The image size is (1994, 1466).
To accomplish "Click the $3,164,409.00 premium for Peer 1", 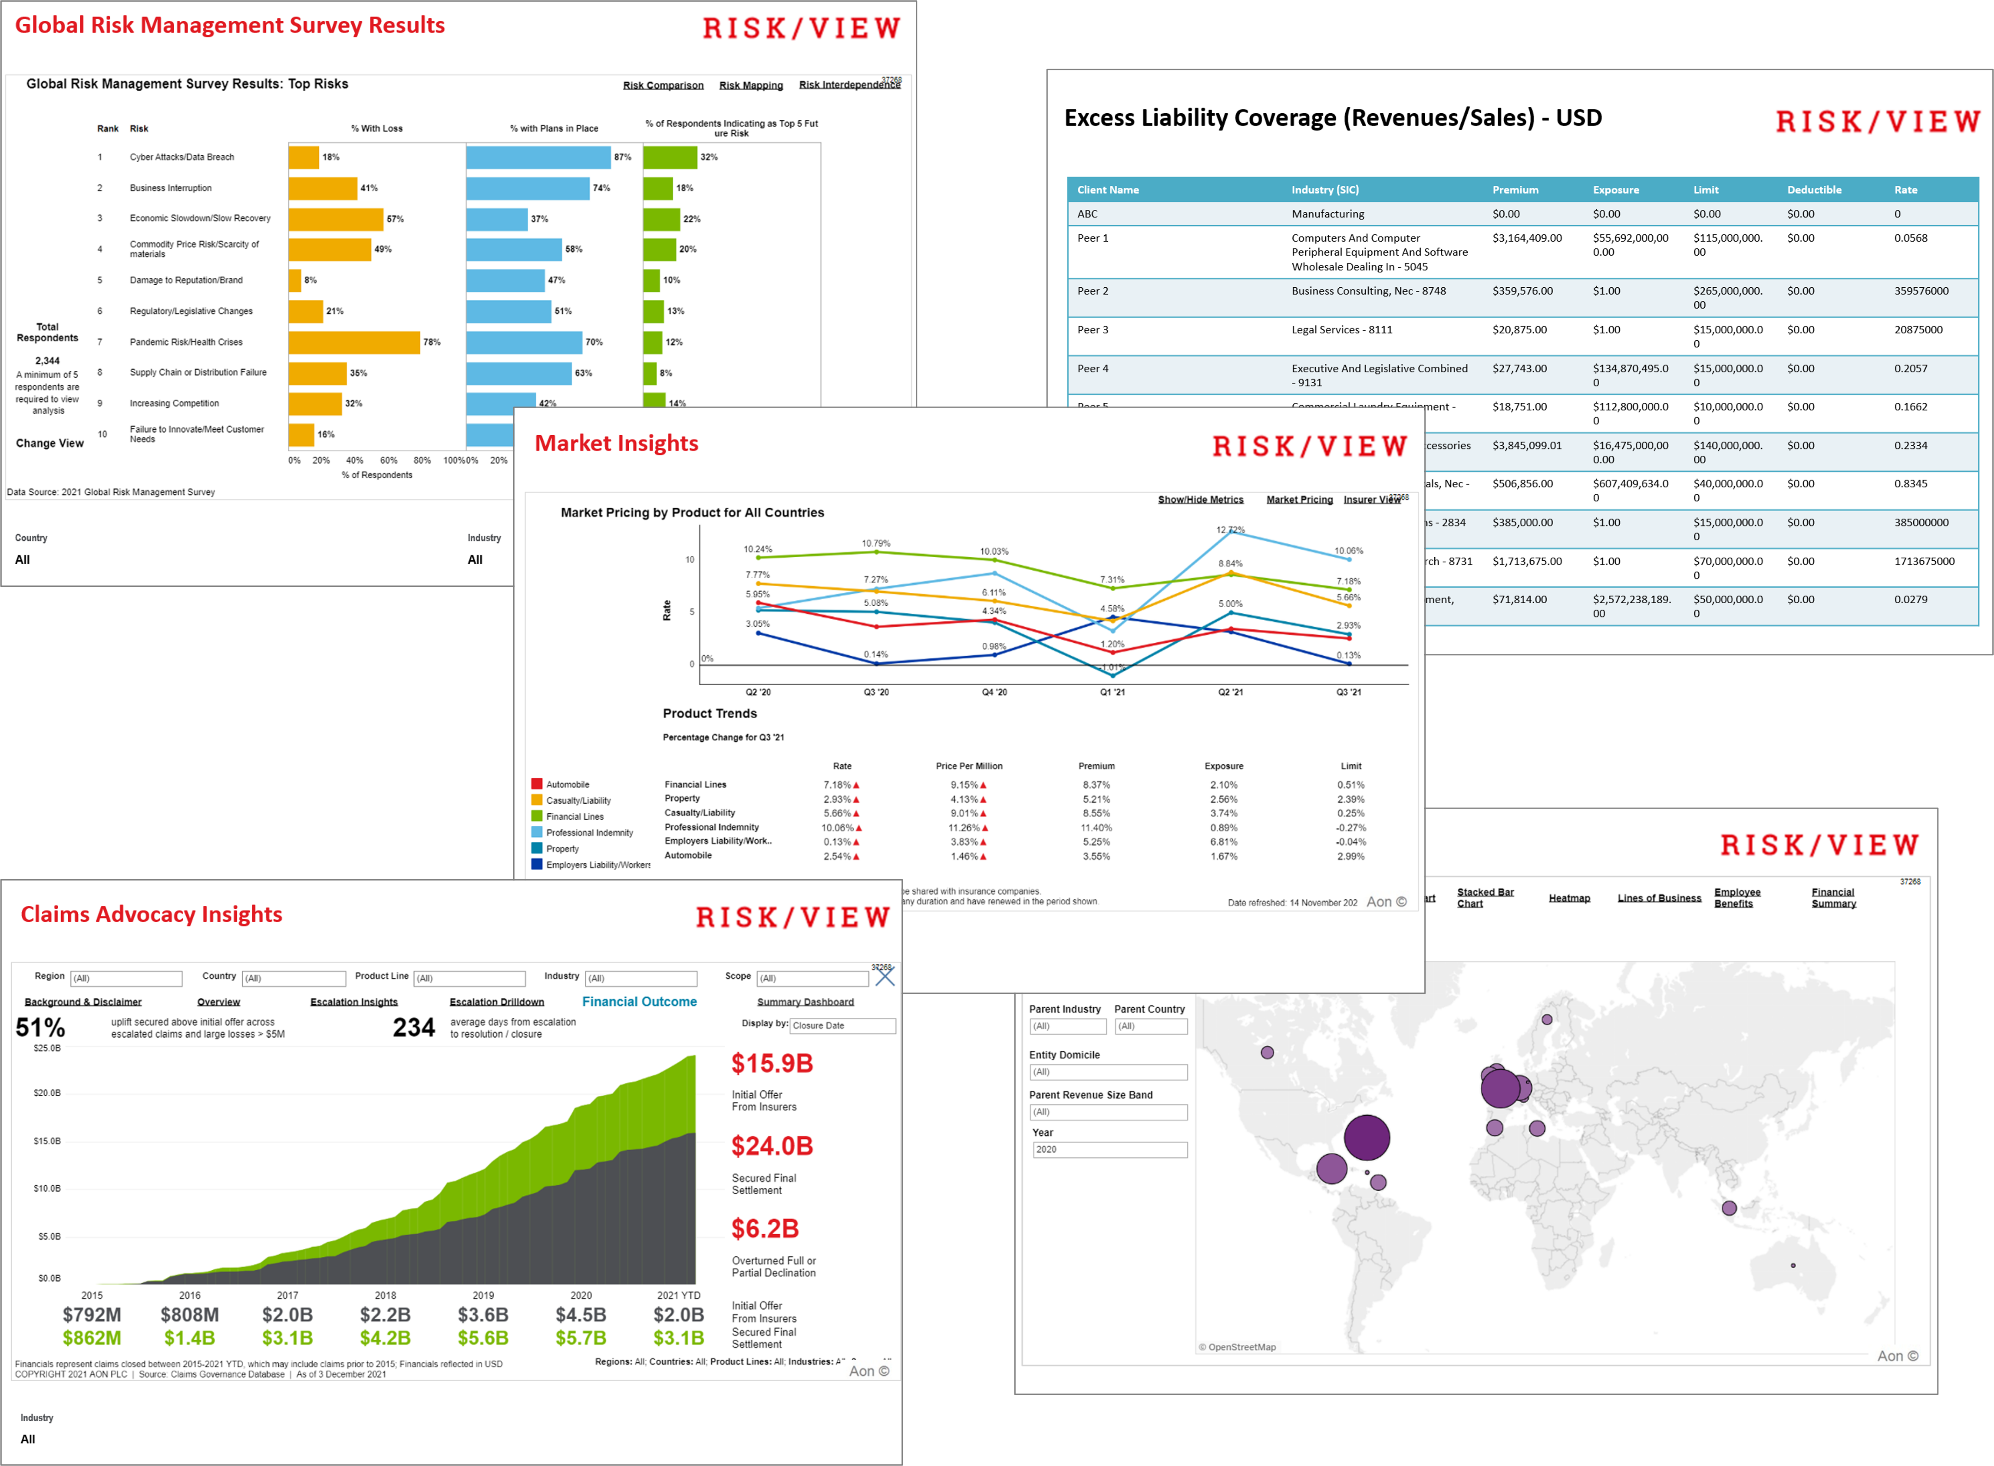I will [1527, 238].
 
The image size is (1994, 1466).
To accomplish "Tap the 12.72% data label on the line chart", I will [1231, 530].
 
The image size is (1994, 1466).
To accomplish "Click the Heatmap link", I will [1569, 898].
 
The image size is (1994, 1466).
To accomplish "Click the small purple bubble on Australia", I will [1793, 1265].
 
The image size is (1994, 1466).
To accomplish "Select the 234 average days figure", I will [414, 1028].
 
